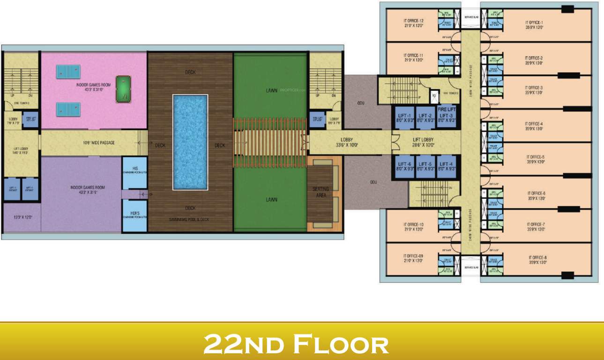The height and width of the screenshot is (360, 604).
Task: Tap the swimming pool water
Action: click(x=190, y=142)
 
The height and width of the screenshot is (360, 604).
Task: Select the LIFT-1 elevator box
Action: click(x=404, y=117)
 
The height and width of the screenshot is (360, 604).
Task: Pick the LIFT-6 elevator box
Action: click(x=404, y=166)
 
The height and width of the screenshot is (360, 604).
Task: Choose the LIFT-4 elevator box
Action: click(x=447, y=166)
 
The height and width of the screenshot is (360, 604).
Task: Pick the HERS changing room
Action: click(x=134, y=215)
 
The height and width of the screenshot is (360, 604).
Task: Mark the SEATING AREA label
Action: click(x=321, y=192)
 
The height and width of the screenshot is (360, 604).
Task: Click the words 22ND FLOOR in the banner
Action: click(x=296, y=344)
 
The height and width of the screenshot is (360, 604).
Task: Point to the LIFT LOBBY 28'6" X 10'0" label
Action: click(x=423, y=142)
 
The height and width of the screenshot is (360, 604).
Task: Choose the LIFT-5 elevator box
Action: click(x=425, y=166)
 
